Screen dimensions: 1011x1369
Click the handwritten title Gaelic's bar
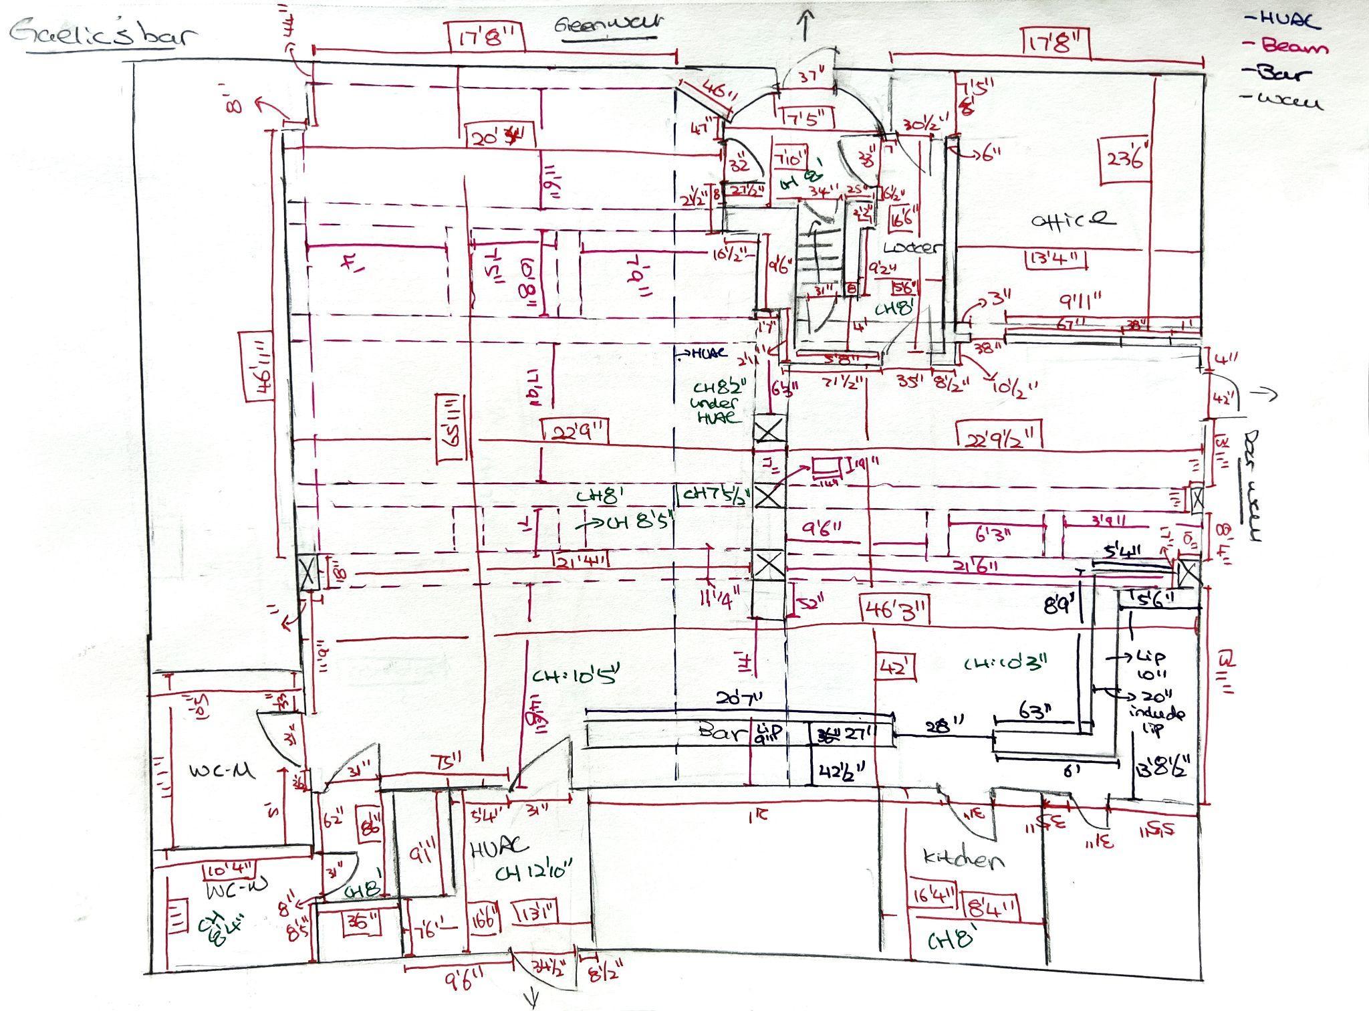104,33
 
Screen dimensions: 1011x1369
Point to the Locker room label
912,247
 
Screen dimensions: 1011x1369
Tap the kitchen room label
963,859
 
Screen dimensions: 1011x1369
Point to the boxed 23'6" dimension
1126,158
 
